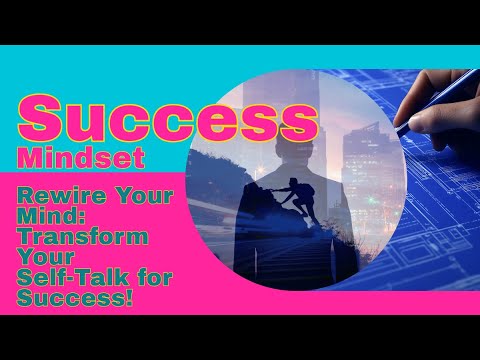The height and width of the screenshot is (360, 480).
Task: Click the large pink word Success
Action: click(x=164, y=118)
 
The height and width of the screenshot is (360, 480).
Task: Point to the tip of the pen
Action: click(x=397, y=131)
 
